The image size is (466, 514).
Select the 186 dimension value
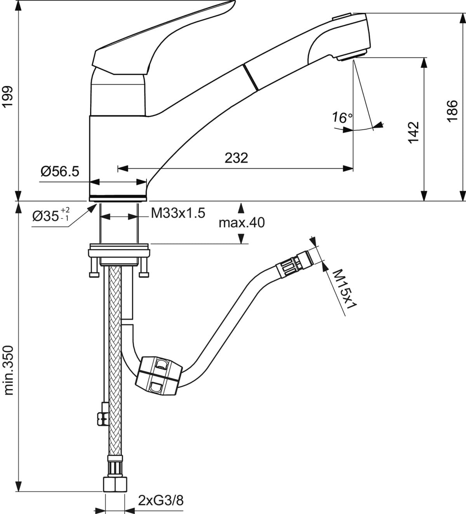coord(452,111)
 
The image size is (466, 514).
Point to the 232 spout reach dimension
coord(236,158)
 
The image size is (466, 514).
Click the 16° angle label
coord(342,117)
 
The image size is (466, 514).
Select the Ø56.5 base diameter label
coord(59,170)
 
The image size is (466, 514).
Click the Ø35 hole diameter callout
coord(51,215)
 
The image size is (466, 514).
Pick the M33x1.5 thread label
coord(178,213)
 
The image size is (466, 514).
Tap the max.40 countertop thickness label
coord(241,223)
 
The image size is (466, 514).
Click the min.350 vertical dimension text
coord(9,370)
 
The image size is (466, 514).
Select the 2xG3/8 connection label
coord(160,501)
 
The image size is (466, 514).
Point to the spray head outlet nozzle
coord(351,56)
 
